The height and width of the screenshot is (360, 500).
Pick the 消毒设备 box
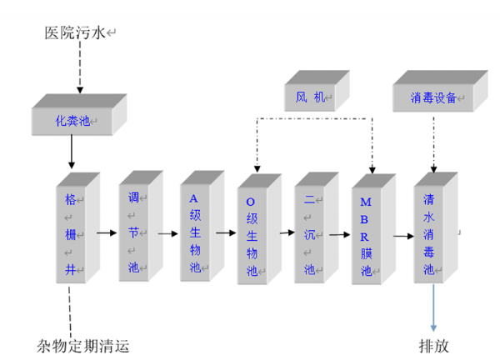pos(433,98)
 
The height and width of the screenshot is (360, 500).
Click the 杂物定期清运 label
pos(83,345)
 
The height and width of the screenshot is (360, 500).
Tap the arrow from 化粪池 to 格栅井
pos(71,152)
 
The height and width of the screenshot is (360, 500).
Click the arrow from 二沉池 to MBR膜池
pos(338,236)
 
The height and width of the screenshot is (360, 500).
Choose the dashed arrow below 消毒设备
pos(432,142)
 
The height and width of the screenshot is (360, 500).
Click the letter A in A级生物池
pos(194,198)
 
